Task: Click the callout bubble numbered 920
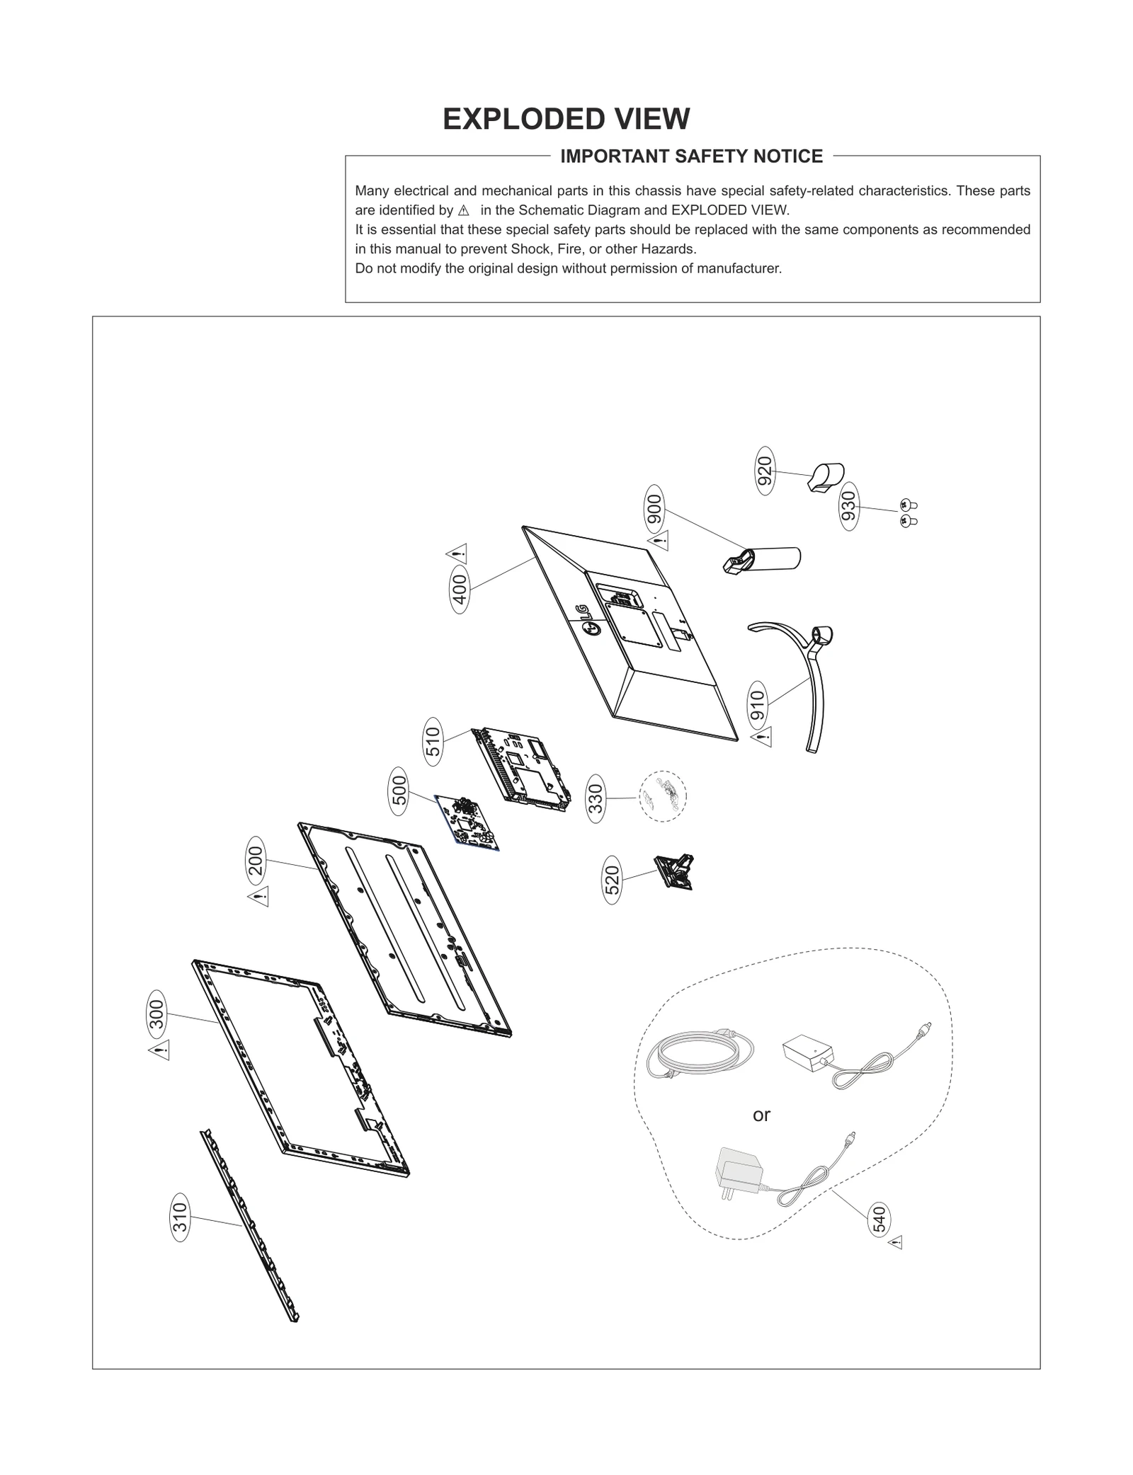(765, 471)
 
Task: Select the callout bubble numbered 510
(433, 741)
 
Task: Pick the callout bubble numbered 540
(879, 1219)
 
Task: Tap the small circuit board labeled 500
(467, 821)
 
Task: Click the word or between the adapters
(761, 1115)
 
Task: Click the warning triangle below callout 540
(896, 1242)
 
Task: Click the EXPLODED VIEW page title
(566, 119)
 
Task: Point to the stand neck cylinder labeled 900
(765, 560)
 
